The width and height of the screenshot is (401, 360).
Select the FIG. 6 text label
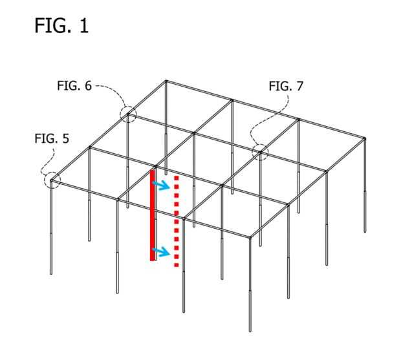(x=74, y=85)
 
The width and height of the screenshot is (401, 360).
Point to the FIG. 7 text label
(x=286, y=86)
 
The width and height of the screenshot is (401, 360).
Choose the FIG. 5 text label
(x=52, y=138)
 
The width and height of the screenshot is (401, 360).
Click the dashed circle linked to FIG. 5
(x=52, y=180)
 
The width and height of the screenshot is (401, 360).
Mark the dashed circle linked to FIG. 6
(x=128, y=114)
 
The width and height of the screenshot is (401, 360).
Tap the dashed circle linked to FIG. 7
(x=260, y=152)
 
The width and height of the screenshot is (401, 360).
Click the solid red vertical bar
(x=153, y=215)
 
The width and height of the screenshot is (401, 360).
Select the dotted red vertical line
(x=176, y=220)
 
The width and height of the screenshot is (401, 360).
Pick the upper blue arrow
(x=161, y=185)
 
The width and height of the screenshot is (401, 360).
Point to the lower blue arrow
(x=162, y=251)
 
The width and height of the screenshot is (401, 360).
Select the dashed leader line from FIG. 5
(x=48, y=162)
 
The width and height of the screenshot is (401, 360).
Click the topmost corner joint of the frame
(x=166, y=81)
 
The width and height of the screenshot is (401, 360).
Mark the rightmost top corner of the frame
(x=365, y=138)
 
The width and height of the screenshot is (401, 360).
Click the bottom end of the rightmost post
(x=365, y=231)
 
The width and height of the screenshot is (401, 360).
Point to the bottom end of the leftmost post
(x=51, y=274)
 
